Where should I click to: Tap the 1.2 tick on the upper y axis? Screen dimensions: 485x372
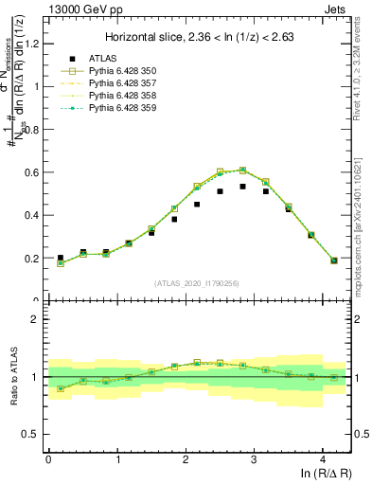pos(35,44)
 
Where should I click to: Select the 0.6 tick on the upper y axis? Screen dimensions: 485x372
pos(35,172)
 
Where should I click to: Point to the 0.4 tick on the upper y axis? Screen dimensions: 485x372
pos(35,215)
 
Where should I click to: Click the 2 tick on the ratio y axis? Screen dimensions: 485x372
pos(38,319)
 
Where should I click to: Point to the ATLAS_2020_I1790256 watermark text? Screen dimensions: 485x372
pos(198,283)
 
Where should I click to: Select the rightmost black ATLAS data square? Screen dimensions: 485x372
pos(334,260)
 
